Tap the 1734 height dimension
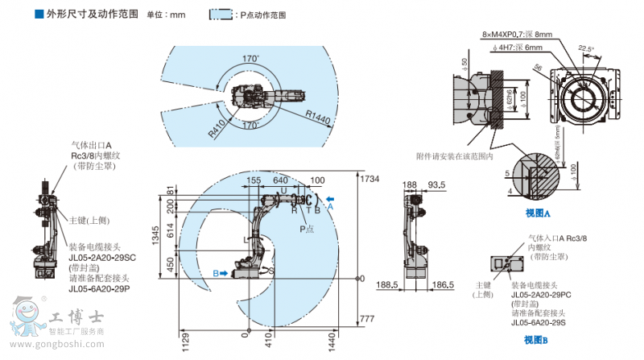[x=369, y=178]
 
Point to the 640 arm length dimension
[x=281, y=181]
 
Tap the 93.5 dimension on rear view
[x=436, y=185]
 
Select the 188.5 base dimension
[x=389, y=284]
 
